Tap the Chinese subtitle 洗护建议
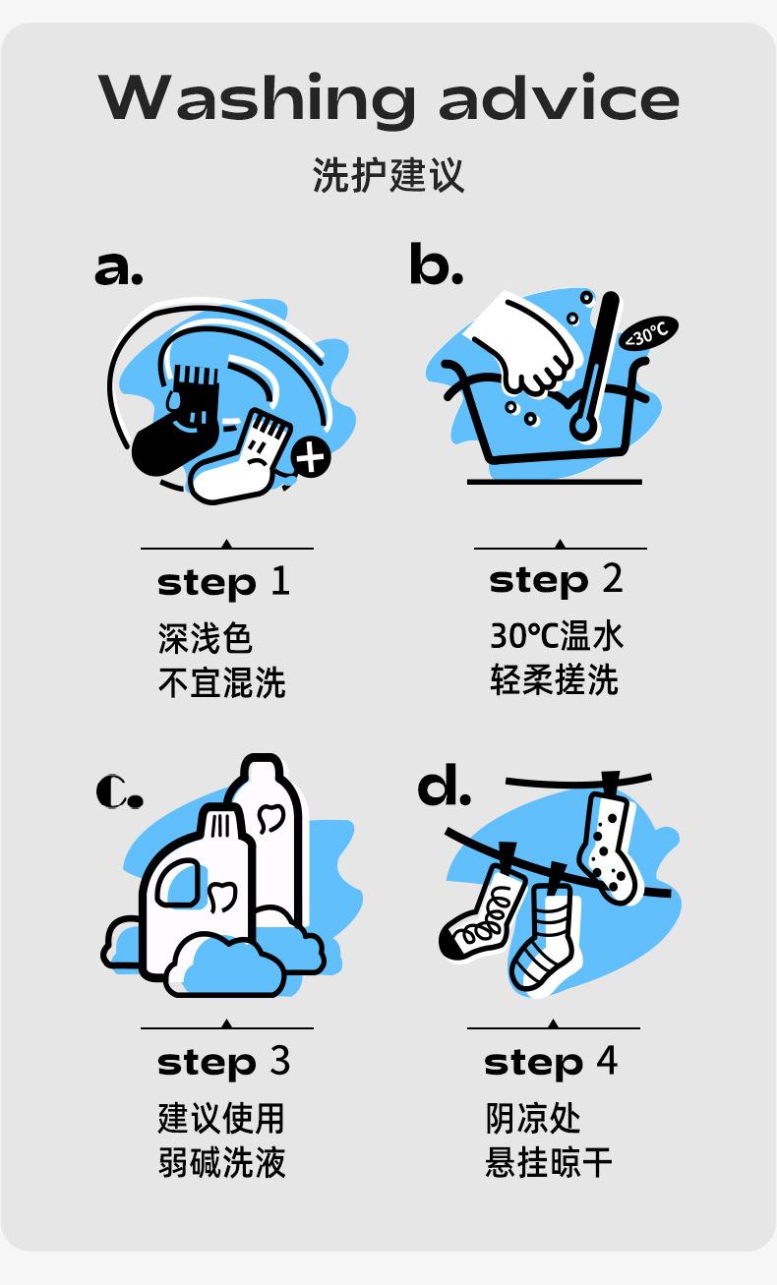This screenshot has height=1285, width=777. pos(388,175)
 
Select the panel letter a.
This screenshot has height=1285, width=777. pos(118,267)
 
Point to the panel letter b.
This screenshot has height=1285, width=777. pos(436,263)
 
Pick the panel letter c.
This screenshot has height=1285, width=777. pos(119,791)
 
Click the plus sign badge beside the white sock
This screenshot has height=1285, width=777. pos(311,457)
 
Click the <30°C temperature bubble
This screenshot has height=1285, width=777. pos(648,332)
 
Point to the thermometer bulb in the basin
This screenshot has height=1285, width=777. pos(582,427)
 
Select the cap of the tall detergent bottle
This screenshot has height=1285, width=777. pos(262,768)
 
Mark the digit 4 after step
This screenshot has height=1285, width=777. pos(607,1061)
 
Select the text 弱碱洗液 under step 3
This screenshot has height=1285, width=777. pos(221,1162)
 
